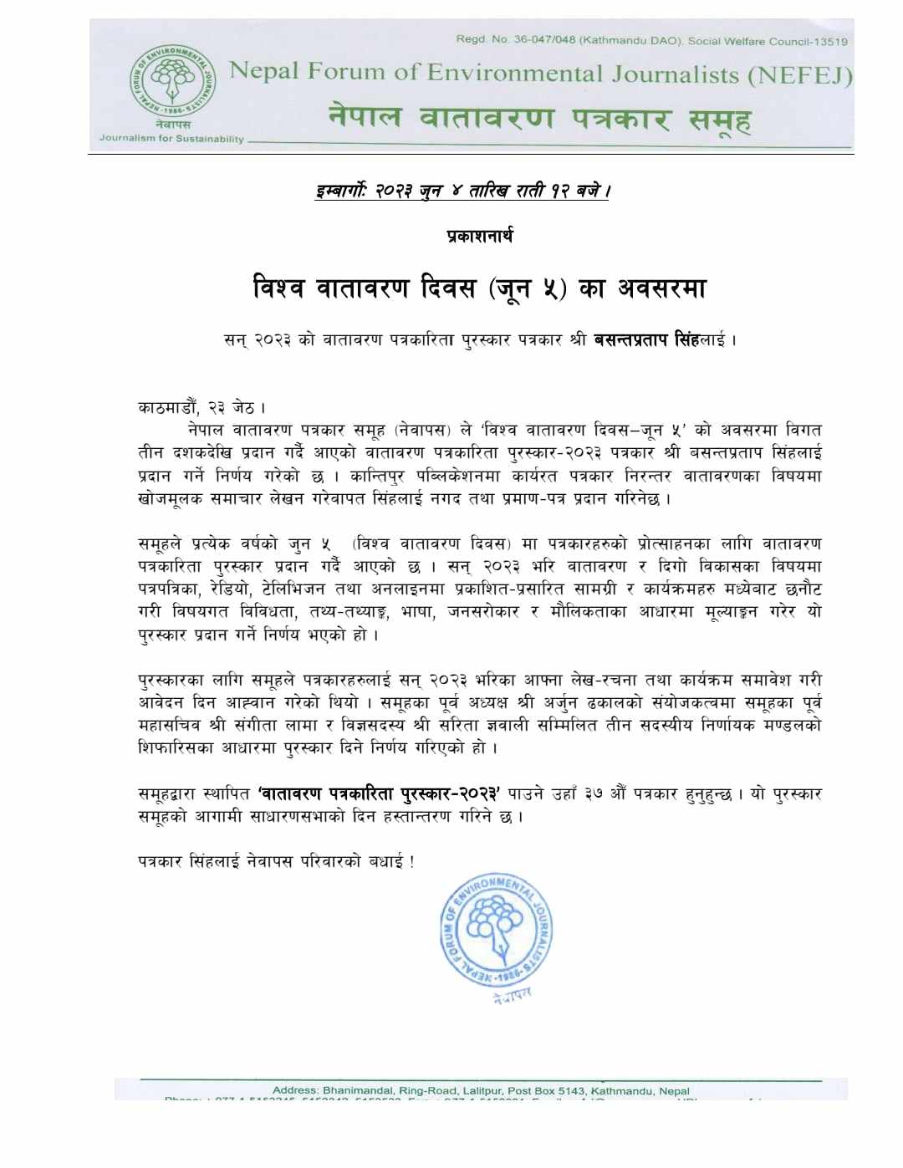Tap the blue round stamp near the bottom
click(497, 931)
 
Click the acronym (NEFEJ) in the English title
click(799, 76)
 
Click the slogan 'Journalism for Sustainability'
click(171, 139)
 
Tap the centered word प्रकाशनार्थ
click(480, 237)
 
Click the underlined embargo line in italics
click(463, 191)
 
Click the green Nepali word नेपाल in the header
click(365, 116)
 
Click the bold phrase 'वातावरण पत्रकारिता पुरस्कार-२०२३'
click(379, 794)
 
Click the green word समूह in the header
click(720, 120)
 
